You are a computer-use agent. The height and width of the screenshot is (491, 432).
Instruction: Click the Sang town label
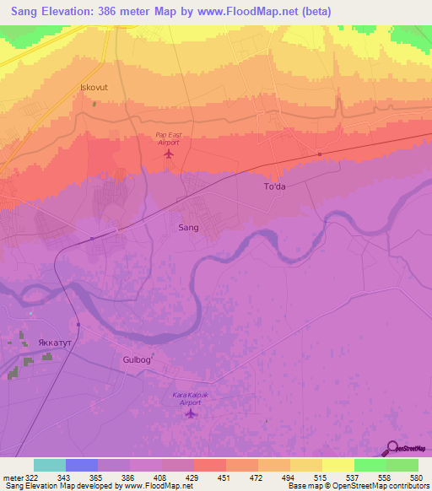[x=189, y=228]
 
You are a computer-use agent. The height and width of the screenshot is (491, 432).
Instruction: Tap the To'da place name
[x=276, y=188]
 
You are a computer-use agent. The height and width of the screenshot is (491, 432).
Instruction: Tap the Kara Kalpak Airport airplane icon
[x=191, y=413]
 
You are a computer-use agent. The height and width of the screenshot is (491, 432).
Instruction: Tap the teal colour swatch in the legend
[x=50, y=465]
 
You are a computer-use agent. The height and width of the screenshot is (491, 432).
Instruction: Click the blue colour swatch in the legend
[x=82, y=465]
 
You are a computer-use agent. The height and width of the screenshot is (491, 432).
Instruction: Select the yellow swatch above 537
[x=337, y=465]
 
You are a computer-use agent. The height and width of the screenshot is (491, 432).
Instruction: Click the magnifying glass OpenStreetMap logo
[x=391, y=447]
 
